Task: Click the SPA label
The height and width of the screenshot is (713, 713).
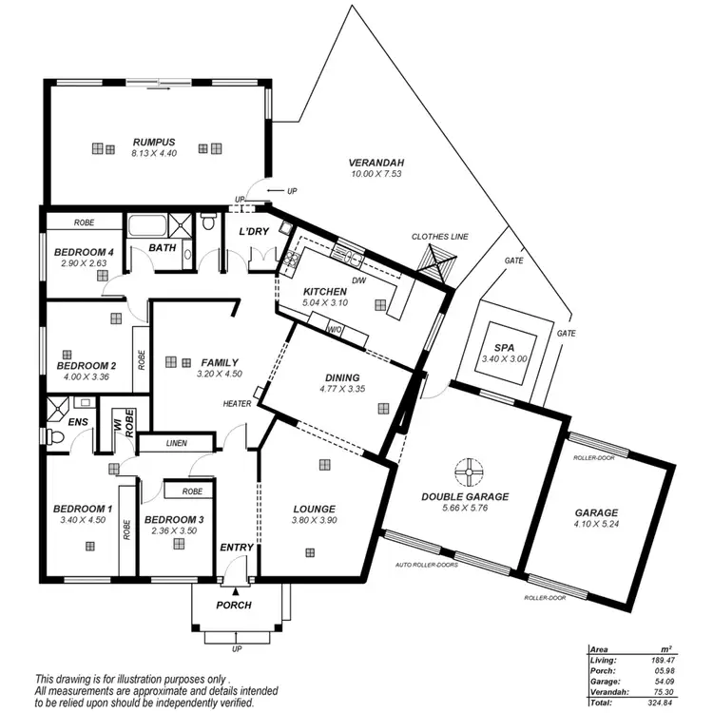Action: coord(505,348)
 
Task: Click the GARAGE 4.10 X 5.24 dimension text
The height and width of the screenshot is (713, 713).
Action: coord(596,524)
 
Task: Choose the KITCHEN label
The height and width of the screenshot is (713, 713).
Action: coord(325,291)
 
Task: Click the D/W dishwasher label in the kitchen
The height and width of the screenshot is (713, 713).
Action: coord(359,280)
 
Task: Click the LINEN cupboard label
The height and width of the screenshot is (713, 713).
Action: coord(176,443)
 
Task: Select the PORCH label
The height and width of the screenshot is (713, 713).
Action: coord(234,605)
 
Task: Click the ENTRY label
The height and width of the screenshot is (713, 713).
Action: coord(236,548)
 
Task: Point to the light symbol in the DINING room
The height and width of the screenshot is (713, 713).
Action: coord(382,408)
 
